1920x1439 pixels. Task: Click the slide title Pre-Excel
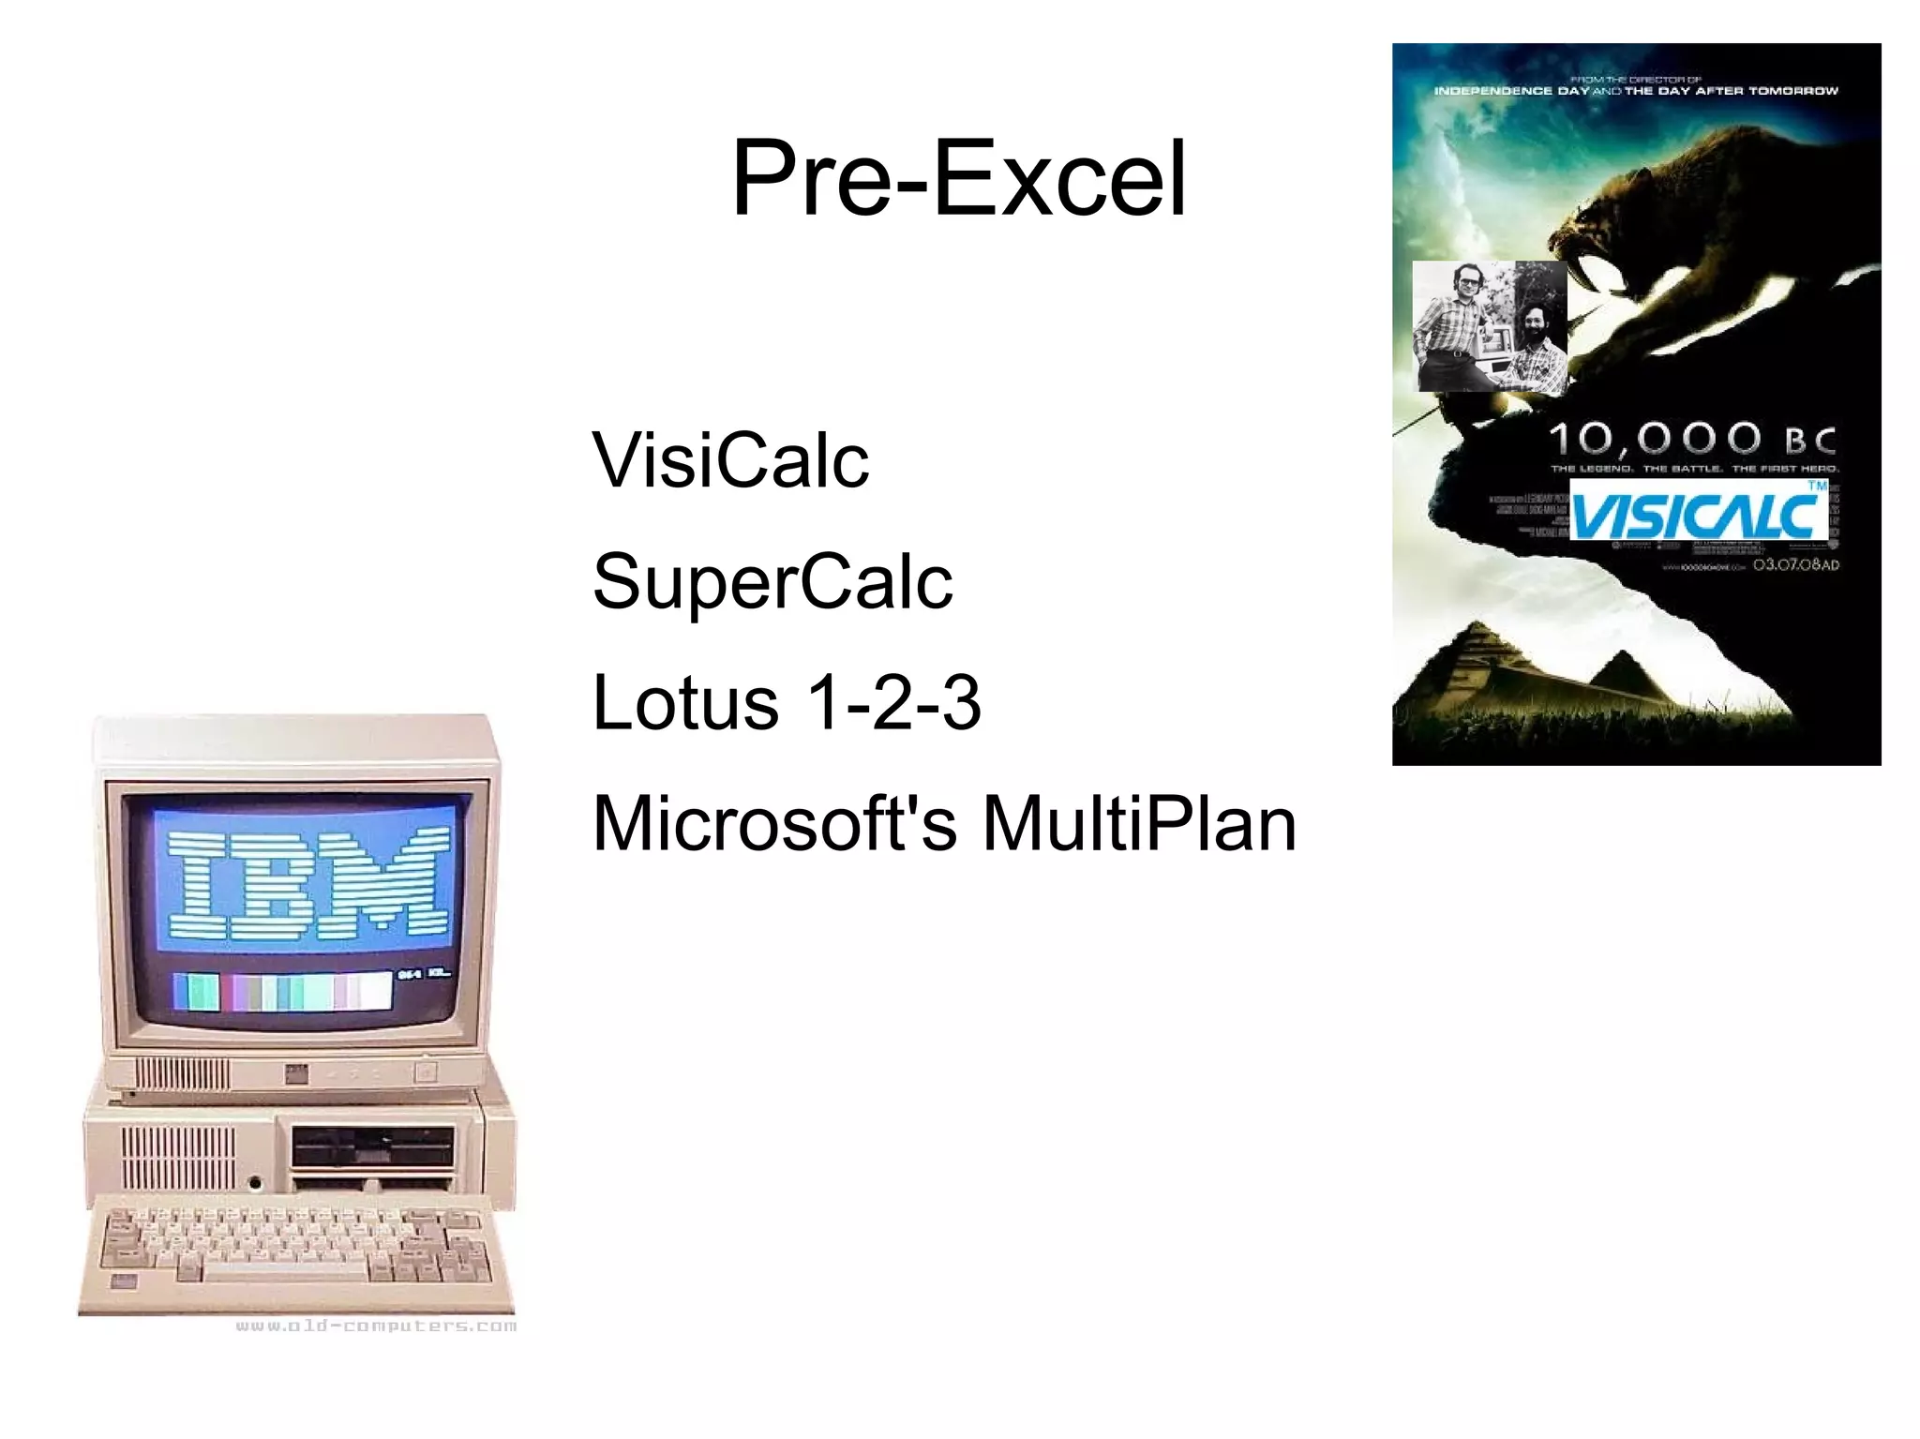958,178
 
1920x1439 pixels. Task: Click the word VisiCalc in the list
730,460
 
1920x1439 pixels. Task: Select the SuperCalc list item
772,581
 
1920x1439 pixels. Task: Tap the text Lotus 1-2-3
786,702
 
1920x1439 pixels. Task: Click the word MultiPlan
1139,823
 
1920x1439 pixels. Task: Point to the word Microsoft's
774,823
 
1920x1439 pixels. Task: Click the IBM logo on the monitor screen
308,884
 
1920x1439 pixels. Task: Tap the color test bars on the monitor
282,991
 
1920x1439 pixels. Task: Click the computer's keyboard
297,1252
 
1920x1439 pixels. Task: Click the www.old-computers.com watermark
376,1326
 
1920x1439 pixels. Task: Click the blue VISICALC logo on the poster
1698,511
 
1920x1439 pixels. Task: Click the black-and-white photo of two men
1490,326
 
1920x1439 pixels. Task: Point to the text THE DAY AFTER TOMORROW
1731,91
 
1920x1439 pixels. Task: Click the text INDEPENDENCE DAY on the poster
1511,91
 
